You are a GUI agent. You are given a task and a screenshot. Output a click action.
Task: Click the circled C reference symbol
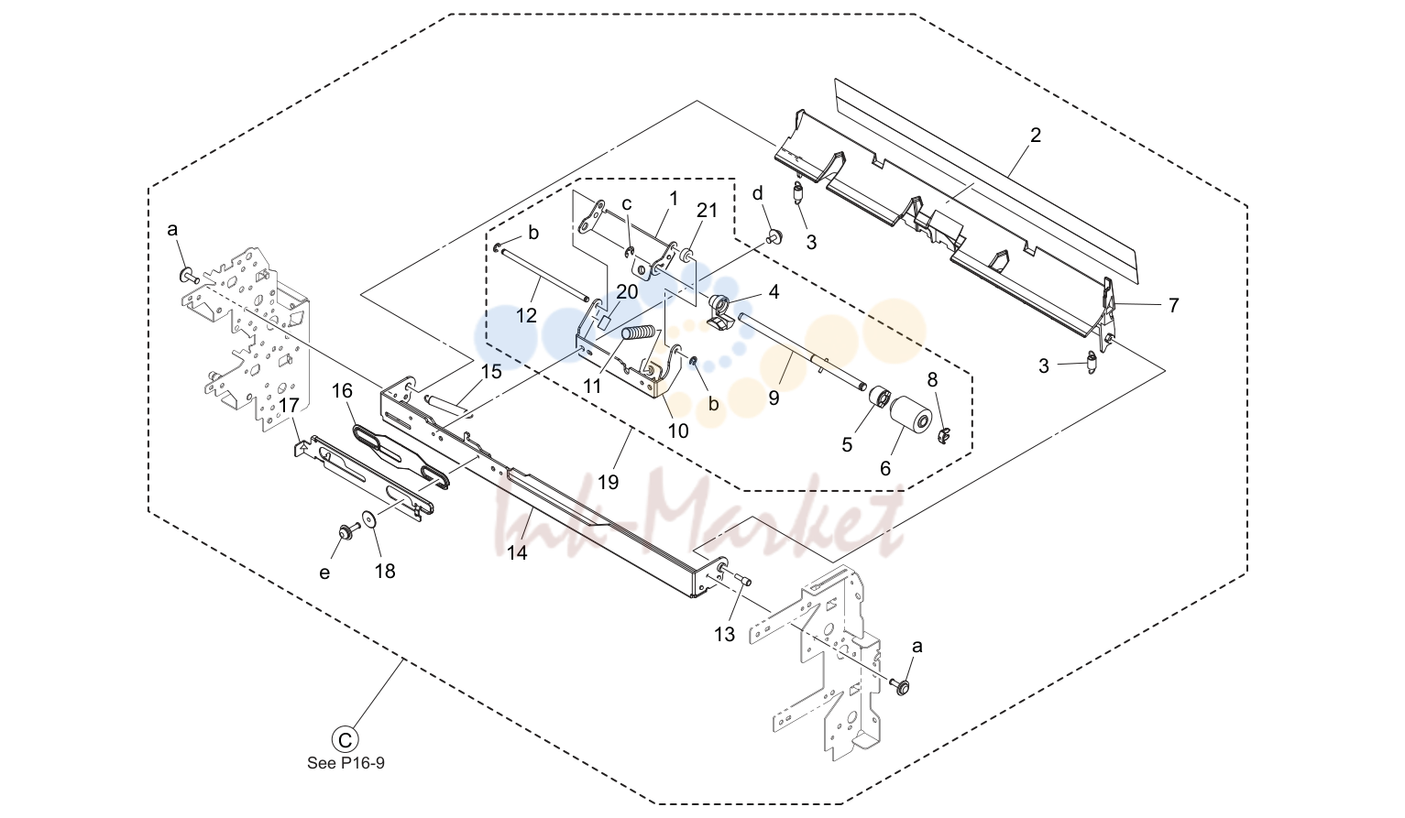click(345, 739)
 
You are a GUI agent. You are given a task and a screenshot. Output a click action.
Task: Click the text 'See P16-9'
click(346, 763)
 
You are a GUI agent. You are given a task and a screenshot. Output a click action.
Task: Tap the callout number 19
click(608, 482)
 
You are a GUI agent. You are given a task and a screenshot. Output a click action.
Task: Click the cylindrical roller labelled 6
click(911, 417)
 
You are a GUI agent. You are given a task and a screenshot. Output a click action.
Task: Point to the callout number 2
click(1036, 135)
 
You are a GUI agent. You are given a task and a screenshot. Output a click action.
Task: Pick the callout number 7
click(1173, 305)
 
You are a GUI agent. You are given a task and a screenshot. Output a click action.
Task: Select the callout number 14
click(518, 552)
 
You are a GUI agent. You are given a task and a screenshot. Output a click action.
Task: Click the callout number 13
click(724, 635)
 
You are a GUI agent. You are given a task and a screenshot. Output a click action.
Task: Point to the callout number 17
click(289, 406)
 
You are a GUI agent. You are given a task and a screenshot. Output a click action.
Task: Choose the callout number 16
click(342, 391)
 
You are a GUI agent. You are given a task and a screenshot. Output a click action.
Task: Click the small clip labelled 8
click(945, 434)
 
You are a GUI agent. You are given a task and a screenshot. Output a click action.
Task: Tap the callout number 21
click(707, 210)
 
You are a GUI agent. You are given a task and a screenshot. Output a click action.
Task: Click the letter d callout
click(758, 193)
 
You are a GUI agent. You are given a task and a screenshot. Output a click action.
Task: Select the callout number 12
click(526, 315)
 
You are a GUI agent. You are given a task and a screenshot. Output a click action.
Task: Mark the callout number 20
click(627, 291)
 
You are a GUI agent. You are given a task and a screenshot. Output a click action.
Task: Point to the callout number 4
click(774, 291)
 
